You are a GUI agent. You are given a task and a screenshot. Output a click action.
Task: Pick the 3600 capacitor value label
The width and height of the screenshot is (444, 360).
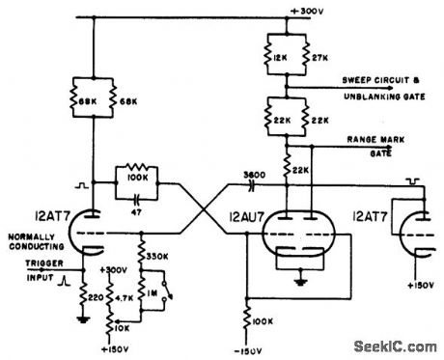(254, 175)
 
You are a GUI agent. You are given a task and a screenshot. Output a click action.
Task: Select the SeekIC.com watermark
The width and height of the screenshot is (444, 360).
(397, 346)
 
